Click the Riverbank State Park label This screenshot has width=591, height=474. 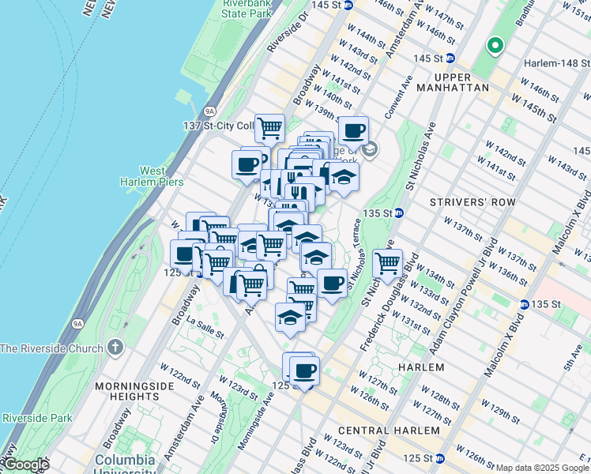pyautogui.click(x=244, y=9)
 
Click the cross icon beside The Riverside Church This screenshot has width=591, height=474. pyautogui.click(x=115, y=348)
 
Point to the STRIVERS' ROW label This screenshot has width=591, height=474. pyautogui.click(x=472, y=202)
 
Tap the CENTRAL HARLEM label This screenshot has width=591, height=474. pyautogui.click(x=388, y=431)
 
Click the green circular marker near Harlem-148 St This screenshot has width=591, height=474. pyautogui.click(x=495, y=46)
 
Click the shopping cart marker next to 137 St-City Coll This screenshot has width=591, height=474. pyautogui.click(x=270, y=126)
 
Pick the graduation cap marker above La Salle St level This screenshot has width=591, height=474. pyautogui.click(x=290, y=317)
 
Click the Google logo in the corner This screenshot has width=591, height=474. pyautogui.click(x=26, y=465)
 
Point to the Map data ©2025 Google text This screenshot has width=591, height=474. pyautogui.click(x=541, y=468)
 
